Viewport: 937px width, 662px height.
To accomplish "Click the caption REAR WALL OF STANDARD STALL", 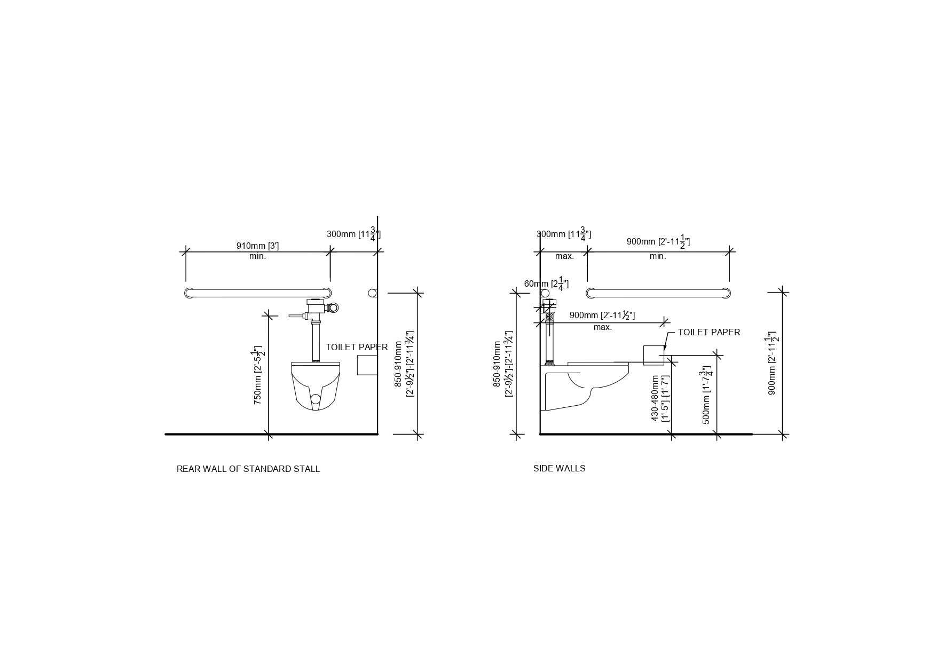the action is [x=248, y=469].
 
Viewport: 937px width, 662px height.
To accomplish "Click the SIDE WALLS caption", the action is [x=559, y=468].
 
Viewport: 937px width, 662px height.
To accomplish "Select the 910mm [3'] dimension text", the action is [x=257, y=246].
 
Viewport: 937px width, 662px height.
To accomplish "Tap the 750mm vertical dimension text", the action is [x=258, y=375].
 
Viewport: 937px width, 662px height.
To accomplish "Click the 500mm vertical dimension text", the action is [x=707, y=395].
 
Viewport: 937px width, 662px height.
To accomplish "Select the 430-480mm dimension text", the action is [x=660, y=398].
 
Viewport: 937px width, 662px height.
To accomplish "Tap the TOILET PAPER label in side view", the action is [x=709, y=332].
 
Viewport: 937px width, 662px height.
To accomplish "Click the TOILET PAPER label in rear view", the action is [x=357, y=347].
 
